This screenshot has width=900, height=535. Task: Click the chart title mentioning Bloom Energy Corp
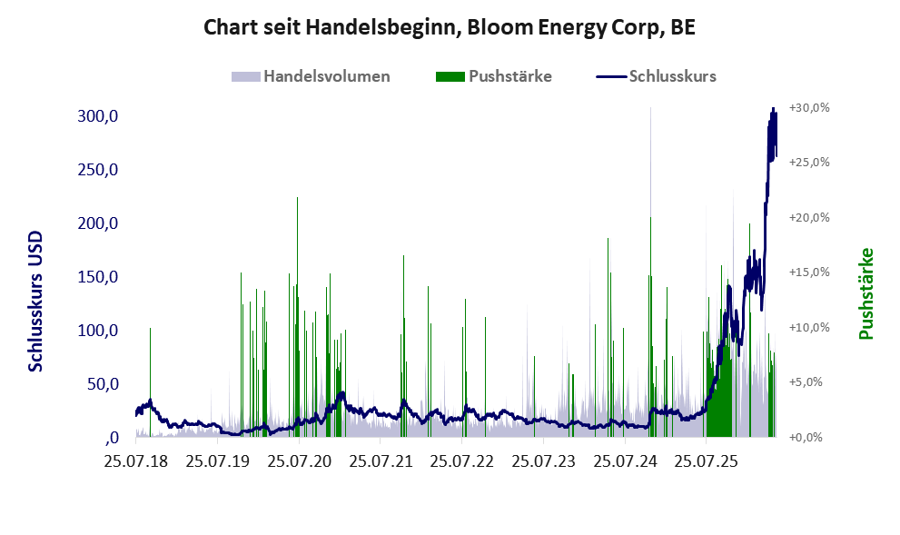[450, 27]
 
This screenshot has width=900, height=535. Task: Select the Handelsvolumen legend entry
[311, 76]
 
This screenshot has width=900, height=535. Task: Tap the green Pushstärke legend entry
[494, 76]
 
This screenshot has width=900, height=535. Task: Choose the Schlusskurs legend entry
[656, 76]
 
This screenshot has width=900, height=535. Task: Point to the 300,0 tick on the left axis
[97, 116]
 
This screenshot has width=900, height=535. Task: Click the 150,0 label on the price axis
[97, 277]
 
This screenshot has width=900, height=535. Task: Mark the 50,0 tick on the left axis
[103, 383]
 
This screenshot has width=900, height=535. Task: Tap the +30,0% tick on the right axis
[809, 108]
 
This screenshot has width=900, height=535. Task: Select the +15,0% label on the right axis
[809, 272]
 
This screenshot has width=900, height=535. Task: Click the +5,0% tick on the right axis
[809, 381]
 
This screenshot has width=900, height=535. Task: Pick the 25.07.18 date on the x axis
[136, 461]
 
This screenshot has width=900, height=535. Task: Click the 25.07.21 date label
[381, 461]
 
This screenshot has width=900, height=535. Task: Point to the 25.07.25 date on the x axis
[706, 461]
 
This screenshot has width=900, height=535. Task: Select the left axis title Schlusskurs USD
[35, 302]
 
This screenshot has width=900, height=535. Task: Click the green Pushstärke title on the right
[865, 293]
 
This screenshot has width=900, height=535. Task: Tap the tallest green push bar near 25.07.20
[297, 316]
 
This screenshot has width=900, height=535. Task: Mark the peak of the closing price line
[773, 108]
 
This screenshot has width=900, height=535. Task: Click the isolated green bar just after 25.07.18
[151, 381]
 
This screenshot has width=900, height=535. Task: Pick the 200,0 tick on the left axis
[97, 223]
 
